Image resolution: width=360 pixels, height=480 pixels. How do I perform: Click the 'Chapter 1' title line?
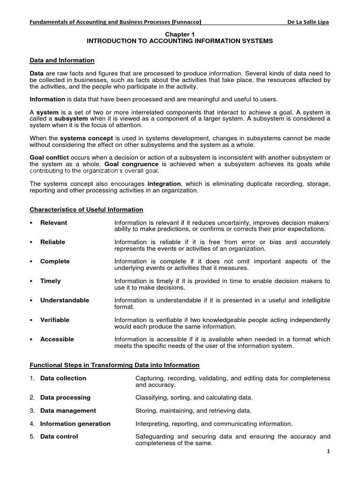(180, 35)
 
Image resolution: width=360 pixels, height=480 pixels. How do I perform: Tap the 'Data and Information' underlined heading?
(62, 60)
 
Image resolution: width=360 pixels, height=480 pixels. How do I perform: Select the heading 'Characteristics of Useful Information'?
(86, 210)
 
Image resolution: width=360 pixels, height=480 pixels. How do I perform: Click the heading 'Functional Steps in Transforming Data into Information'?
(114, 365)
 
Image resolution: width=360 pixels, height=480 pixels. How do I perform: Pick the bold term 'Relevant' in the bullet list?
(53, 223)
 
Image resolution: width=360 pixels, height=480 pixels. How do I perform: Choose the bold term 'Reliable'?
(52, 242)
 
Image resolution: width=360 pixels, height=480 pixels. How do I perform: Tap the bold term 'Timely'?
(50, 281)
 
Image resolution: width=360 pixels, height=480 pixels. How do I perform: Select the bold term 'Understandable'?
(64, 300)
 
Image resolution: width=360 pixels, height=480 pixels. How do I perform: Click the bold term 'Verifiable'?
(54, 320)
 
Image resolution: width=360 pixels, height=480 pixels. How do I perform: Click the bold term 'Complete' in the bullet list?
(55, 261)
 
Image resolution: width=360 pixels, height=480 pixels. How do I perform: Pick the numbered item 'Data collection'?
(63, 378)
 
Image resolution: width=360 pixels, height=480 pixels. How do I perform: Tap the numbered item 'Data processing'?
(65, 397)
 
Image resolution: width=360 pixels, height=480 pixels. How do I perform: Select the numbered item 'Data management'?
(68, 411)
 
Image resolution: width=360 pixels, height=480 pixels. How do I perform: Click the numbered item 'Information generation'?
(75, 424)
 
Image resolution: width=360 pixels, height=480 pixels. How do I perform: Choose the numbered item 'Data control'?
(59, 436)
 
